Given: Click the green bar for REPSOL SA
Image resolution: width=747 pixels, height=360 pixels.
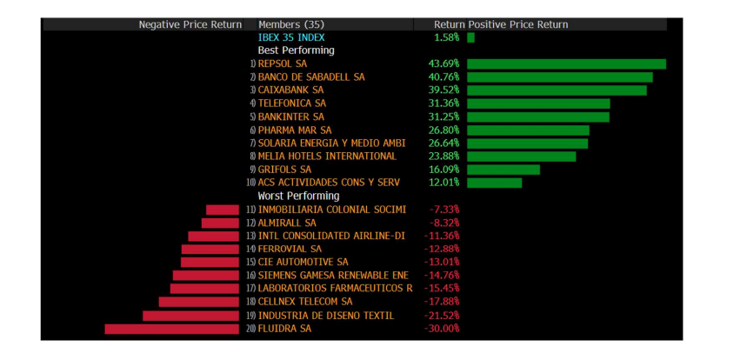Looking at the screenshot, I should (x=566, y=63).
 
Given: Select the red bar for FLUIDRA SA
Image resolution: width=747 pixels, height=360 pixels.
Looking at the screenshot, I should (x=171, y=329).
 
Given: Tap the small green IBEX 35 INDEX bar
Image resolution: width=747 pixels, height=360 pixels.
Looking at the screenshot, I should (x=470, y=37).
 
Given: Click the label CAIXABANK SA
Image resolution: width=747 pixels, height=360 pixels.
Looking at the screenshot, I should (x=290, y=90).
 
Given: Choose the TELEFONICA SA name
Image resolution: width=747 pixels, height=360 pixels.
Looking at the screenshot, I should (x=291, y=103).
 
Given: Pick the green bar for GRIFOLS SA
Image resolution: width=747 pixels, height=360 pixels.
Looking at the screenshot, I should (x=503, y=170).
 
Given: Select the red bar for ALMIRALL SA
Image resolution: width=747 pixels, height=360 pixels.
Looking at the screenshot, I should (x=220, y=223).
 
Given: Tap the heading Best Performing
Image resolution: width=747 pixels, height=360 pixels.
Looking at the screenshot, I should (x=296, y=50).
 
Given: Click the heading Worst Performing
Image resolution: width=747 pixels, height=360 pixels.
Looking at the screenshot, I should (x=298, y=197).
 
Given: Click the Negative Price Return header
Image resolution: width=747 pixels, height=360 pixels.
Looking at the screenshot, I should (x=190, y=24).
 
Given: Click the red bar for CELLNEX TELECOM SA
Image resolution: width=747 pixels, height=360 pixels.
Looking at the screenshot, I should (x=198, y=302).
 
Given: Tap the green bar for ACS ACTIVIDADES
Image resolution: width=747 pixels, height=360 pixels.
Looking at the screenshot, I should (x=494, y=183).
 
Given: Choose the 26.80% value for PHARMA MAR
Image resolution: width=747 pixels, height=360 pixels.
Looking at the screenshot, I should (x=444, y=130).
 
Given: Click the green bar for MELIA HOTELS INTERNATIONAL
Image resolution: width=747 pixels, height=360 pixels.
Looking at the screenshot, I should (x=521, y=157).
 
